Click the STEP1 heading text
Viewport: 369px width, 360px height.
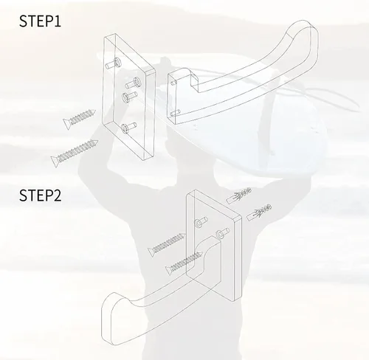pos(40,21)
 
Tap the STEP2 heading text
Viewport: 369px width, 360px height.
pos(40,195)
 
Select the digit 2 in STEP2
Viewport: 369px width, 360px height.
pos(57,195)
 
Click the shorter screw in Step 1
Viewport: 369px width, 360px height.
pos(79,119)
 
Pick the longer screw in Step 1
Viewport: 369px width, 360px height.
pos(75,153)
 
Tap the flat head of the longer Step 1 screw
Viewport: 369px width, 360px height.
pos(55,161)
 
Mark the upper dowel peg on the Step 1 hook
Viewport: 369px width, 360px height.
pos(173,82)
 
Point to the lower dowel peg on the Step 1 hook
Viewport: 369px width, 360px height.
pos(176,113)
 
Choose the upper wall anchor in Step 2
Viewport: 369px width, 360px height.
pos(239,195)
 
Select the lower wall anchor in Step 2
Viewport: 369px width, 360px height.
pos(259,212)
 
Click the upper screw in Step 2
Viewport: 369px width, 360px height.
pos(167,245)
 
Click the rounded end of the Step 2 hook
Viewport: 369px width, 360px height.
pos(111,317)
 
